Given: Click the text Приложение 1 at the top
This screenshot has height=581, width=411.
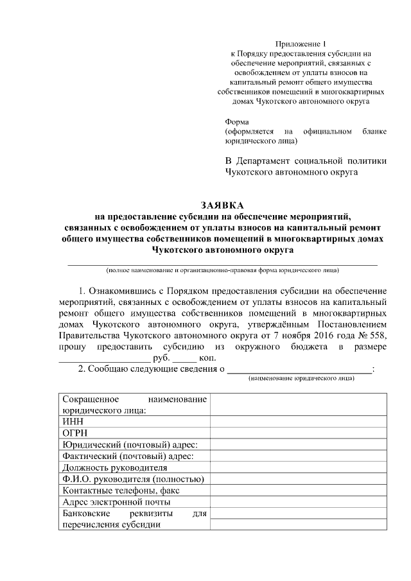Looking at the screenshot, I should pyautogui.click(x=301, y=42).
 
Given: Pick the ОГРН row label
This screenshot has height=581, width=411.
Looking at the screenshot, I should pyautogui.click(x=73, y=433).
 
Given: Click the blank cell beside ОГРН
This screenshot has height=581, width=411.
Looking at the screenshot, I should pyautogui.click(x=298, y=433).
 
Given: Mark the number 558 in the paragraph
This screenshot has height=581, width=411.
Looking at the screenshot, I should pyautogui.click(x=378, y=335).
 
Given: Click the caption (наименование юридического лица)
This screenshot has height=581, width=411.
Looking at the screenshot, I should pyautogui.click(x=301, y=379).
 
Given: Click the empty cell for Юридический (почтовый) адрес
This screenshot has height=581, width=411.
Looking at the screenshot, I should pyautogui.click(x=298, y=445).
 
